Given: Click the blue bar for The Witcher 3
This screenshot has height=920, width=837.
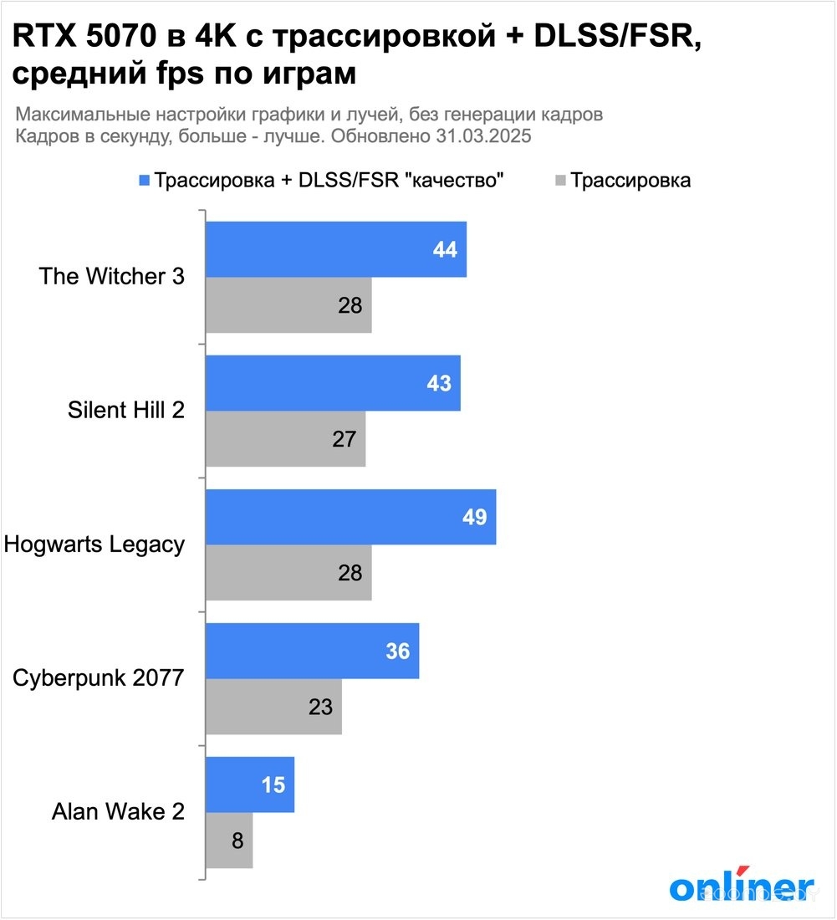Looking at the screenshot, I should click(334, 249).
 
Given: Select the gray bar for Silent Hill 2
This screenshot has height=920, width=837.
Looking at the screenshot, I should click(285, 439).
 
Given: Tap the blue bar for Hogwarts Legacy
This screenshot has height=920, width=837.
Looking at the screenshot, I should click(350, 517).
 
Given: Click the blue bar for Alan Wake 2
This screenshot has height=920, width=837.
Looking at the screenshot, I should click(250, 785).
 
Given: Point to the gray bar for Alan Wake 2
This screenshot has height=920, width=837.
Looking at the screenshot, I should click(229, 841).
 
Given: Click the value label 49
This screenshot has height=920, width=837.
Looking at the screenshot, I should click(474, 517).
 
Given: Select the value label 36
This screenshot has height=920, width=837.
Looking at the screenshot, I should click(398, 651).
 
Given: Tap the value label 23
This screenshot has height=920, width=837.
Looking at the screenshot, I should click(320, 707).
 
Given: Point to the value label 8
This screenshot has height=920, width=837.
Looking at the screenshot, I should click(237, 841).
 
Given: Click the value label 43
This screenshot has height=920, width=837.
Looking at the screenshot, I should click(439, 383).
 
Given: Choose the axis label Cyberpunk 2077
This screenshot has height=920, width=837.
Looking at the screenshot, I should click(99, 678).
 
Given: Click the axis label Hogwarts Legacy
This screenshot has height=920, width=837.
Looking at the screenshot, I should click(94, 544).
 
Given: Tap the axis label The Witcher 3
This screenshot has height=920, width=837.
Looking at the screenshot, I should click(112, 277).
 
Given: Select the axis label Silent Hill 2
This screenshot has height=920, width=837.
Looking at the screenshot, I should click(125, 411).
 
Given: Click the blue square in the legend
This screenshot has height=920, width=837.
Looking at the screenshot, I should click(145, 181).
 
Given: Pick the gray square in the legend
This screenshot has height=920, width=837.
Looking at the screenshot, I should click(559, 181).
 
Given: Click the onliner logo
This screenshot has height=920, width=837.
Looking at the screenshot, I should click(741, 887).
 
